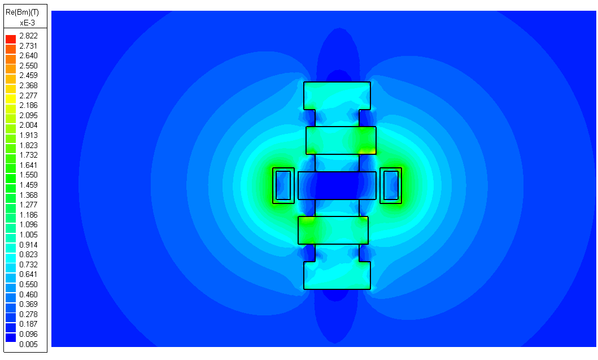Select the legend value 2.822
[x=28, y=36]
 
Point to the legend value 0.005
[x=28, y=344]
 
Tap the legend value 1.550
[x=28, y=175]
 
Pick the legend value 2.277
[x=28, y=96]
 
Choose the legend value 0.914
[x=28, y=245]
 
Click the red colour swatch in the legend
[x=11, y=38]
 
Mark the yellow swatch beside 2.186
[x=11, y=106]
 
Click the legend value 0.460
[x=28, y=294]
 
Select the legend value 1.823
[x=28, y=145]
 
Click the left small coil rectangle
[x=283, y=185]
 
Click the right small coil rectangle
[x=390, y=185]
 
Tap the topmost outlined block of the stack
[x=337, y=96]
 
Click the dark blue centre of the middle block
[x=337, y=185]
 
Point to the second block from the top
[x=341, y=140]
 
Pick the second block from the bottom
[x=333, y=230]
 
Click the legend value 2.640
[x=28, y=55]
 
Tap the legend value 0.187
[x=28, y=324]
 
